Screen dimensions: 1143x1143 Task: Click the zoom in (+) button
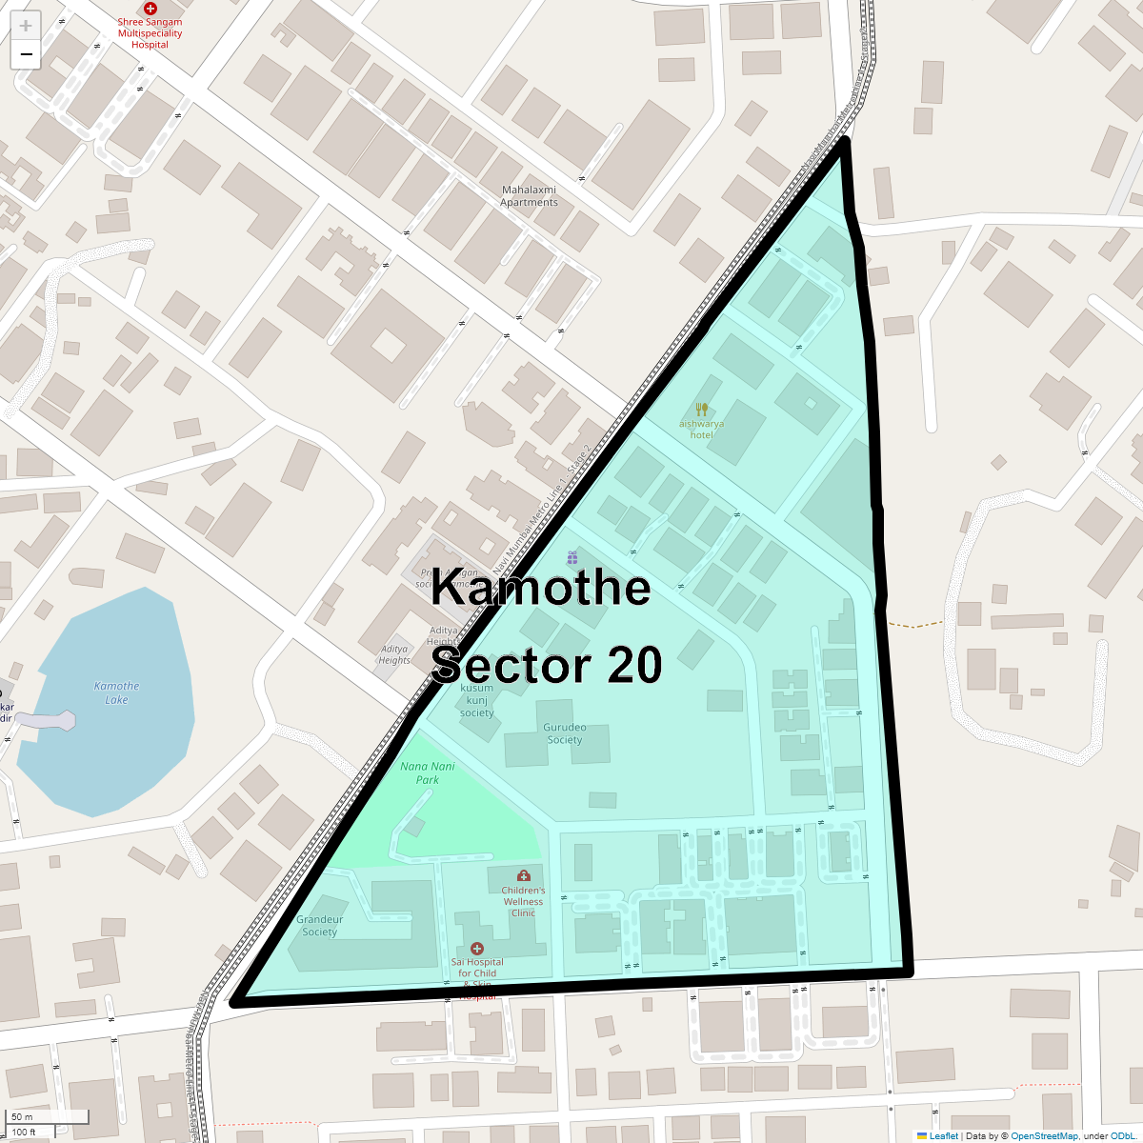click(x=26, y=26)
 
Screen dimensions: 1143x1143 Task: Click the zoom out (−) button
click(x=26, y=54)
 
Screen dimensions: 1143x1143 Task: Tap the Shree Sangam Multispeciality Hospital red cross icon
click(x=150, y=9)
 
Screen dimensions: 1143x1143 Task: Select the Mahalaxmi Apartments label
click(x=529, y=196)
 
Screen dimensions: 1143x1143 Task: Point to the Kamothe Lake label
click(x=117, y=692)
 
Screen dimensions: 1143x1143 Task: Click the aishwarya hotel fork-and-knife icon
click(x=702, y=410)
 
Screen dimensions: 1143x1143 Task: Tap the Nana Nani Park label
click(x=428, y=772)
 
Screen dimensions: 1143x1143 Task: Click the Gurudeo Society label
click(x=564, y=733)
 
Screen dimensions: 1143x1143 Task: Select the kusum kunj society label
click(x=477, y=700)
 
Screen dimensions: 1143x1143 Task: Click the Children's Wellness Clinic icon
click(x=523, y=875)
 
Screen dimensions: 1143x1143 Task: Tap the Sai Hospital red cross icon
click(x=477, y=949)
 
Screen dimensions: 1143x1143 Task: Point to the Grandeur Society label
click(x=320, y=925)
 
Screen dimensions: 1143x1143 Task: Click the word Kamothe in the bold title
click(x=540, y=587)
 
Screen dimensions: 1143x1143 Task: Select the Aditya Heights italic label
click(x=394, y=654)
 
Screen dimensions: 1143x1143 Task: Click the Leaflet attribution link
click(x=943, y=1135)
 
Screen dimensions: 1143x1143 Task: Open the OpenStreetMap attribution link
click(x=1044, y=1135)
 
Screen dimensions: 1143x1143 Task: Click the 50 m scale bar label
click(x=22, y=1116)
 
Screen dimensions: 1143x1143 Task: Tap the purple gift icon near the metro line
click(x=572, y=557)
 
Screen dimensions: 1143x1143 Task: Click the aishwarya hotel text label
click(x=702, y=430)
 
